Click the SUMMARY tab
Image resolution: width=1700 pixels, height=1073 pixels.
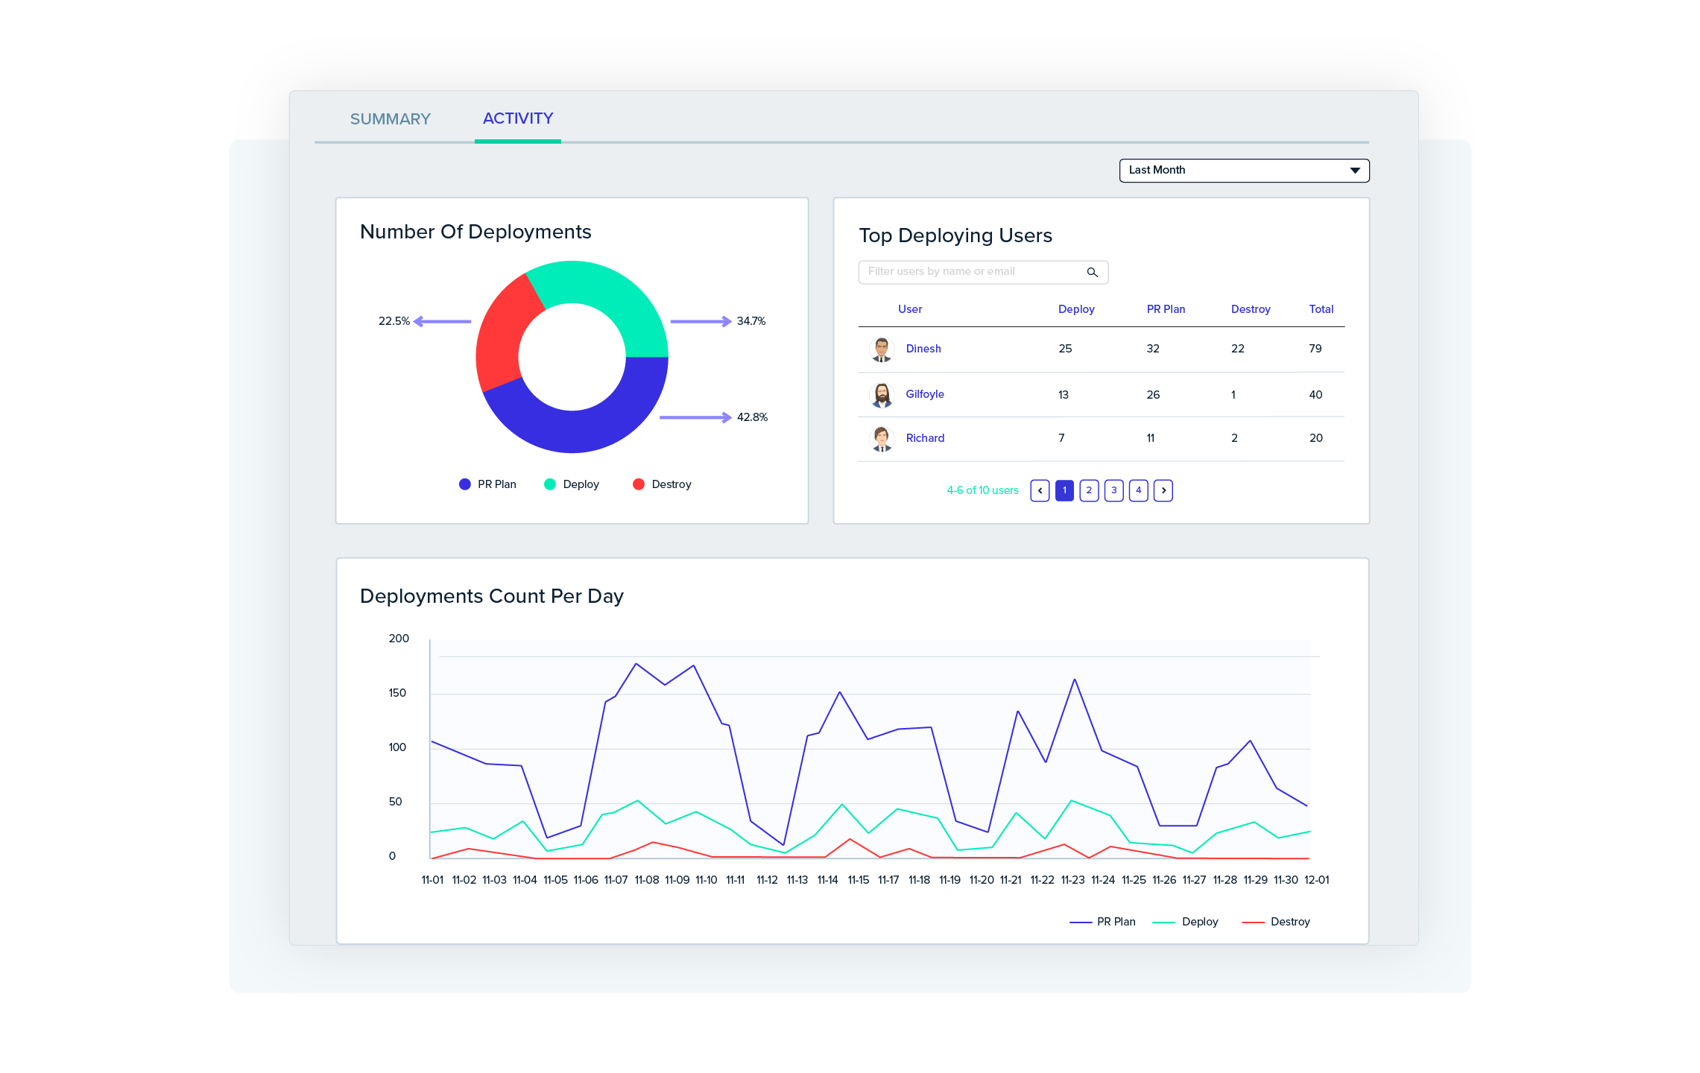pos(390,119)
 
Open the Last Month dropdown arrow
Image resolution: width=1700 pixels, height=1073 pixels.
pos(1354,171)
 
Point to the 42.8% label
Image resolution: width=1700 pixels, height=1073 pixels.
pos(752,417)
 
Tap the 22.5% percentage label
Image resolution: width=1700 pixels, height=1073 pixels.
pos(394,321)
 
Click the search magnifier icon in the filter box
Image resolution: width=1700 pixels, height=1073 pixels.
pos(1092,273)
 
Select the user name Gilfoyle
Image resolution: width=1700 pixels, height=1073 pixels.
pos(924,394)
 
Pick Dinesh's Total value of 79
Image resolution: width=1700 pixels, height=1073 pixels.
pos(1315,349)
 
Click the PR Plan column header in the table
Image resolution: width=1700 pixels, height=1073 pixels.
pos(1165,309)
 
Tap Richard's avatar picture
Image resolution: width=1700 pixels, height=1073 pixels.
pos(882,438)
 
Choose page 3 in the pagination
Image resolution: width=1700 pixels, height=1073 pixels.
pos(1113,490)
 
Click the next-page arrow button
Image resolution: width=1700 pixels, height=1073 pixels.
pos(1163,490)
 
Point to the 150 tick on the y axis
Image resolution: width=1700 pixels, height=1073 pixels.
pos(397,693)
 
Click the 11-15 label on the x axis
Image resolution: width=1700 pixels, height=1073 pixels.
pos(858,880)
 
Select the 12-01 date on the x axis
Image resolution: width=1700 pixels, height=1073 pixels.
pos(1316,880)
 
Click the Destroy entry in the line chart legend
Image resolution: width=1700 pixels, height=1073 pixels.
pos(1289,922)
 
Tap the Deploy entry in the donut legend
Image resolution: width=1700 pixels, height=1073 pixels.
pos(580,484)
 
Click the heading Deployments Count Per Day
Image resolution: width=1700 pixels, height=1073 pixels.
pos(491,596)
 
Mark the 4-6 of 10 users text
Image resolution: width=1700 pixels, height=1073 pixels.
pos(982,490)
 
